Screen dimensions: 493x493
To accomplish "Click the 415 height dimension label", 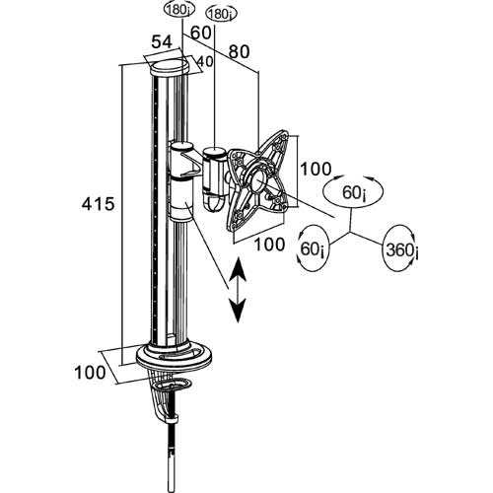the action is click(x=98, y=204).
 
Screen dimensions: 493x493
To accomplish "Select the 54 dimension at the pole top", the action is click(x=162, y=42).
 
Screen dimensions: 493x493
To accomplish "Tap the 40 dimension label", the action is click(x=204, y=61).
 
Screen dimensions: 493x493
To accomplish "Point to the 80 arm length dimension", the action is click(x=239, y=51).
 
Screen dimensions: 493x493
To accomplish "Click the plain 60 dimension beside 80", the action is click(x=200, y=33).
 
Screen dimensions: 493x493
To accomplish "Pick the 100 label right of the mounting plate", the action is click(x=316, y=169).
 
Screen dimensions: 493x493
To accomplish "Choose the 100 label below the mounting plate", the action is click(x=269, y=245).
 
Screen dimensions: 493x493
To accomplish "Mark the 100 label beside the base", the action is click(x=91, y=373).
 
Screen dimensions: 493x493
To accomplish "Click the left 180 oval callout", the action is click(x=179, y=10).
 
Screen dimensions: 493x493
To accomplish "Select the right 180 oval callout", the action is click(x=222, y=14).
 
